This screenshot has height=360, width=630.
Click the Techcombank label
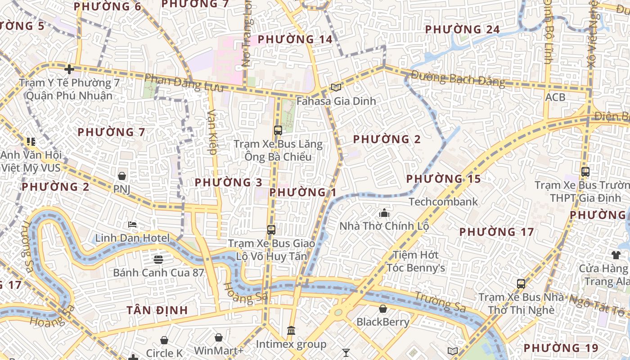[443, 202]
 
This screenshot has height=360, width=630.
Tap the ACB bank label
[555, 97]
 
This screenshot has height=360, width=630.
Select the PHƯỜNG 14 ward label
[295, 39]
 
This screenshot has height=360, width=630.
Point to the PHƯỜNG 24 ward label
[462, 29]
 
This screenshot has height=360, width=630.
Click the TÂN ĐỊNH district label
[157, 310]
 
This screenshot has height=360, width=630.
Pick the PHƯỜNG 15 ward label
[443, 179]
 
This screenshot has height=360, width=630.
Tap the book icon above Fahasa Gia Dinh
[336, 87]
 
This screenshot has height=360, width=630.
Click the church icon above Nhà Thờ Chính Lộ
[384, 213]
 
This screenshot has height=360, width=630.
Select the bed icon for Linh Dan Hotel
[132, 225]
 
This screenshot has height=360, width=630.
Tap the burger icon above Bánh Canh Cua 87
[158, 259]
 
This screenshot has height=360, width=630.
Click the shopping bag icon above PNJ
[121, 175]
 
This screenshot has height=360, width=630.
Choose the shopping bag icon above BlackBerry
[383, 309]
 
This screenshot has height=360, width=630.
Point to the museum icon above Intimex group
[291, 331]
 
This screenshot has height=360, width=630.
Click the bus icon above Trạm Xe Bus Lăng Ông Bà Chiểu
[278, 130]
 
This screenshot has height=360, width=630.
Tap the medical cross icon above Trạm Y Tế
[69, 69]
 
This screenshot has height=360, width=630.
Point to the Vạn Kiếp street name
[212, 132]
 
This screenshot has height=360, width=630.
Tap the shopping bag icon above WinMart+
[218, 337]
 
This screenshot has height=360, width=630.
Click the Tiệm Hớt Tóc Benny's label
[416, 261]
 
